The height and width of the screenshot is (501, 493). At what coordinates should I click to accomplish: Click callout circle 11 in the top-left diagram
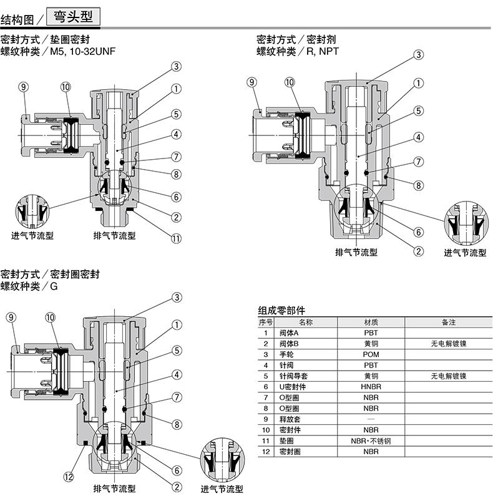177,238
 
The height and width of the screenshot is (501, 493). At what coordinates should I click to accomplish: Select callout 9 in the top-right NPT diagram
251,82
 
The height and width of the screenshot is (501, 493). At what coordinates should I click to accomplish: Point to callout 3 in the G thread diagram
177,297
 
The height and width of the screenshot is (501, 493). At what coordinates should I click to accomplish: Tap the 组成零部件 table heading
282,310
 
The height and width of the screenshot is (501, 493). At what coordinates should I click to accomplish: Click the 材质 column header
371,323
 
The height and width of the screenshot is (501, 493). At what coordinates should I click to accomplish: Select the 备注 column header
448,323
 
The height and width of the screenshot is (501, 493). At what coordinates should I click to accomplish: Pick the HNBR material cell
371,387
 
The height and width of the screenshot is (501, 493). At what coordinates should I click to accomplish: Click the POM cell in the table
371,354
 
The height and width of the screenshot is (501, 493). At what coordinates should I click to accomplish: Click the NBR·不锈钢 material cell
371,440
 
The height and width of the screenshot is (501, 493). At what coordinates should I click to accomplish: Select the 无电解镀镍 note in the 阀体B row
448,344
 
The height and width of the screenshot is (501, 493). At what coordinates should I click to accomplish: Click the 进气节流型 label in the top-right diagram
465,252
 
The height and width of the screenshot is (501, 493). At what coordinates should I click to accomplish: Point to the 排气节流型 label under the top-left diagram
114,235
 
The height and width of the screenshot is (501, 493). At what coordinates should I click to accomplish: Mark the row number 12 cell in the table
266,451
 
